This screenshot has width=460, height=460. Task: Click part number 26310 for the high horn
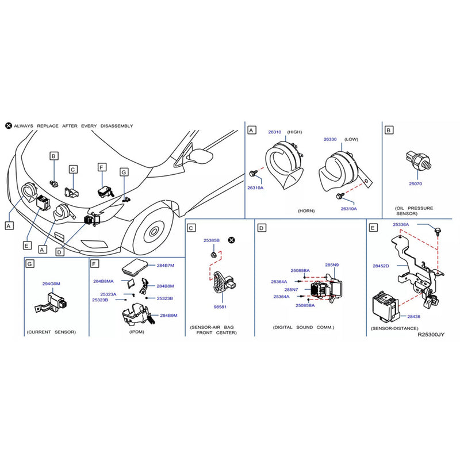pos(274,132)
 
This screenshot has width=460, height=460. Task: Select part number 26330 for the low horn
pos(329,139)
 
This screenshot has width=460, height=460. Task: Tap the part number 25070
pos(416,183)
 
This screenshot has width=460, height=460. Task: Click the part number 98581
pos(220,308)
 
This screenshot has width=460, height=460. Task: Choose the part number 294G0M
pos(51,283)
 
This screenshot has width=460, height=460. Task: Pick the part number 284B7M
pos(166,266)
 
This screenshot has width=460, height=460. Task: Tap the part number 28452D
pos(381,266)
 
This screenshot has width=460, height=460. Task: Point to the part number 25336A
pos(401,224)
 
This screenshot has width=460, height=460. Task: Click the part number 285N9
pos(332,265)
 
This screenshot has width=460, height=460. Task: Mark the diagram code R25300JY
pos(432,333)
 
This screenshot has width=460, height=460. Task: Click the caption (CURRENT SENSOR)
pos(51,332)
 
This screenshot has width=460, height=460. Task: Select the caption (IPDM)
pos(137,332)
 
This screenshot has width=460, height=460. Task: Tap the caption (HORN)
pos(305,211)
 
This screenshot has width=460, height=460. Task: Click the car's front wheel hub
pos(153,232)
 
